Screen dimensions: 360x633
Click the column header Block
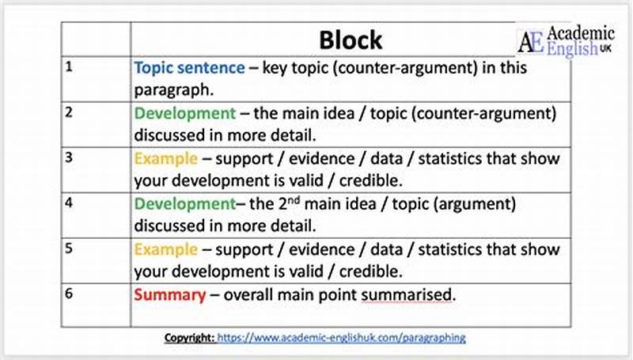coord(350,40)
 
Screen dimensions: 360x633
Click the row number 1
coord(69,66)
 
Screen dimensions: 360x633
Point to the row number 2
coord(69,112)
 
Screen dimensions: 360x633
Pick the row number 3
coord(69,157)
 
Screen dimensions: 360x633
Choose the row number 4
coord(69,202)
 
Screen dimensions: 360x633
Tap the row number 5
coord(69,248)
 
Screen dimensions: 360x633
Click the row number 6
coord(69,292)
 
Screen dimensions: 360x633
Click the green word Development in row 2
coord(184,113)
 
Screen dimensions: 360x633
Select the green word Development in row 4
coord(184,204)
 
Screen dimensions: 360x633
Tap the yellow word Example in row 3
coord(165,158)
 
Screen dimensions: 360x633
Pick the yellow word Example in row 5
coord(165,249)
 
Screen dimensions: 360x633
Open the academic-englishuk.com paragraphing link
coord(341,337)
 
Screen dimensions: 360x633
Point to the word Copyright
coord(188,337)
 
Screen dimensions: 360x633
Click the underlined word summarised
coord(408,295)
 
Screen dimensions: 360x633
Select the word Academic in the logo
coord(581,34)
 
